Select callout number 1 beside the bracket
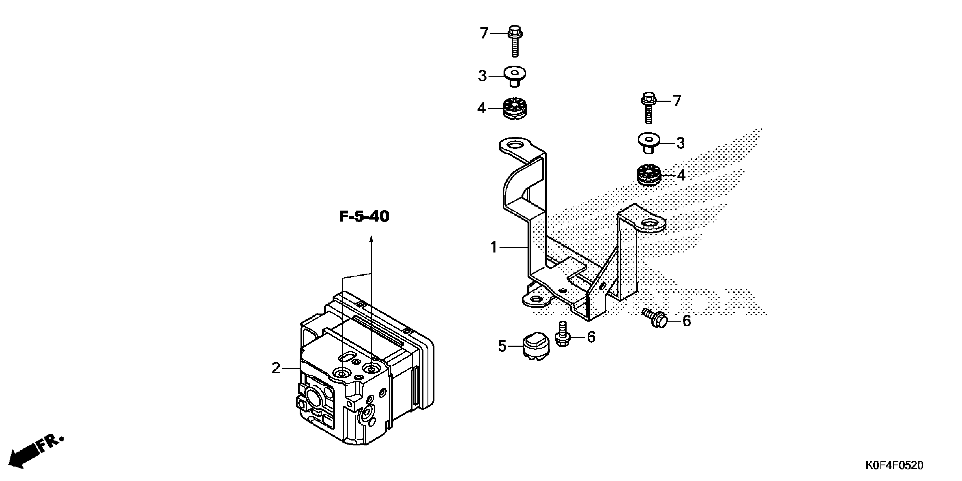pos(494,247)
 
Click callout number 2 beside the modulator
pos(276,368)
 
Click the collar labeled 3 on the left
pos(515,76)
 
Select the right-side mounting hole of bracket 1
pos(649,224)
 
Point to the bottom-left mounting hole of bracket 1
pos(536,299)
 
